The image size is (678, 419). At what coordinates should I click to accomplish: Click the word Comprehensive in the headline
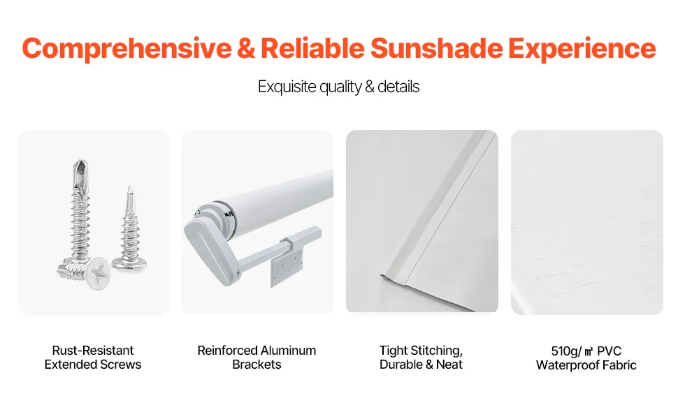click(x=127, y=49)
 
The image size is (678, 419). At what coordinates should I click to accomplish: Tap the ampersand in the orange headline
click(x=246, y=48)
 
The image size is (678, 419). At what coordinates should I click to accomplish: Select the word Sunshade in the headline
click(x=436, y=48)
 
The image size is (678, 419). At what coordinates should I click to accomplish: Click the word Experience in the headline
click(x=582, y=49)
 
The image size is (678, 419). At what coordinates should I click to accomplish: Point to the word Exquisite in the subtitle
click(x=287, y=87)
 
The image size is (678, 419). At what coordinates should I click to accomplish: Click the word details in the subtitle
click(x=398, y=87)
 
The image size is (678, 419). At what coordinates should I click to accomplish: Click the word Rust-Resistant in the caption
click(x=93, y=351)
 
